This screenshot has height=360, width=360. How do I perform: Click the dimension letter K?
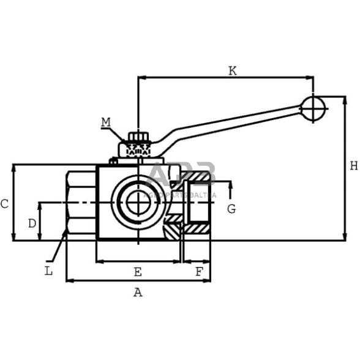[232, 70]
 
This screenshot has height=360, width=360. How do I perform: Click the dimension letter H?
[353, 166]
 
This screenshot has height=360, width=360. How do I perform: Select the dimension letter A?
[138, 293]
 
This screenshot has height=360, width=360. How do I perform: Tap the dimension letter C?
[5, 204]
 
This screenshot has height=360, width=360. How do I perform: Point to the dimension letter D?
[32, 223]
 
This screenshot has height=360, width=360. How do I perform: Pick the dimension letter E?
[138, 272]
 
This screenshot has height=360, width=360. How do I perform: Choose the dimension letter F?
[198, 272]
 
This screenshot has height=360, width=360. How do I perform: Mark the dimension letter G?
[231, 209]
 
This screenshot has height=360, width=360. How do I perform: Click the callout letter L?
[48, 271]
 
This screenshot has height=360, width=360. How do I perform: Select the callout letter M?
[106, 122]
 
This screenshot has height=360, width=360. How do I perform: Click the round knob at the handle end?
[313, 108]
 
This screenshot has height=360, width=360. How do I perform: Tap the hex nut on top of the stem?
[138, 137]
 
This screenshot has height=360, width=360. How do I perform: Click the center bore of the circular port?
[138, 203]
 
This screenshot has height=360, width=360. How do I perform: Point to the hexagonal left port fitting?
[81, 203]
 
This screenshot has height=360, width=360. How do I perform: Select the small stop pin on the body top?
[113, 162]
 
